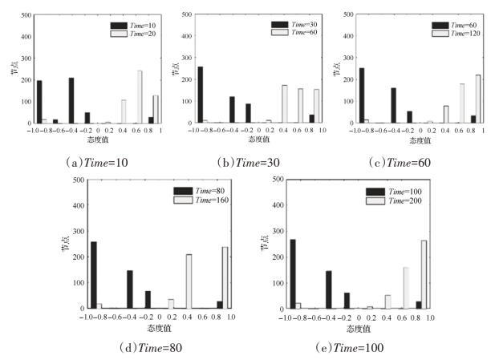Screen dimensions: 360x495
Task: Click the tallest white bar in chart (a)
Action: coord(140,97)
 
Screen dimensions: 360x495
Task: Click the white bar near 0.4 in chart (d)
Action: coord(189,281)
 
